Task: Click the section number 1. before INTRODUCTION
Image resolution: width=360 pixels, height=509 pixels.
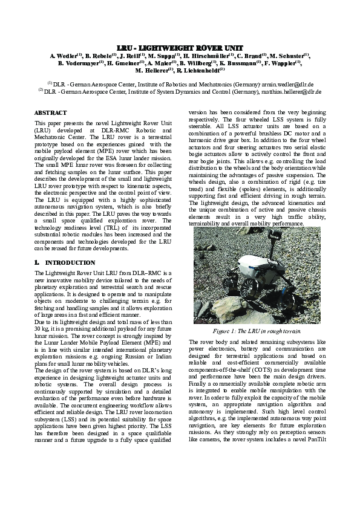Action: [37, 263]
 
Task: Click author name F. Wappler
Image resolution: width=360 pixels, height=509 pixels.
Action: [286, 62]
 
